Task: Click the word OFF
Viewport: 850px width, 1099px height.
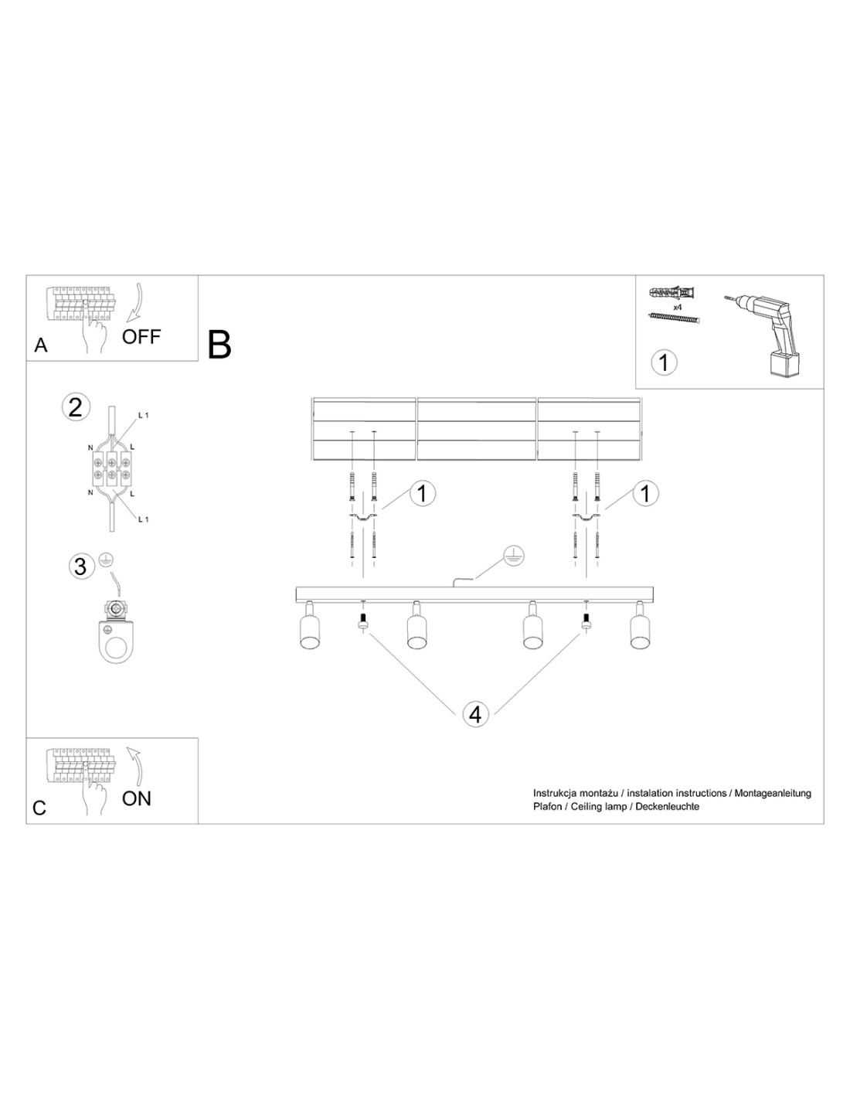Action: point(141,336)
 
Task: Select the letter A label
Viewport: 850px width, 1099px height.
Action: point(40,345)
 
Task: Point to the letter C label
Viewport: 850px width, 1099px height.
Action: point(39,808)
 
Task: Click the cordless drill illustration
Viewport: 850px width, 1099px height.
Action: point(764,335)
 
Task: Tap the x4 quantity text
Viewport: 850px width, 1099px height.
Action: point(678,307)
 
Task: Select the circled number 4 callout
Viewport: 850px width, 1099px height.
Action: point(475,715)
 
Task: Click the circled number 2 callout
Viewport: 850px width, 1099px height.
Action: point(76,407)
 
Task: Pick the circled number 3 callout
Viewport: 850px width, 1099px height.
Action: point(80,566)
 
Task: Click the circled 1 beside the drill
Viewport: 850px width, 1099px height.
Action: point(664,362)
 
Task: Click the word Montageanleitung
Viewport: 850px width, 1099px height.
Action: point(773,793)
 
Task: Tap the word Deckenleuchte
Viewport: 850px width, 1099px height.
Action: point(667,806)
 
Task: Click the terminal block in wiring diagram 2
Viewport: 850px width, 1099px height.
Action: point(111,468)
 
